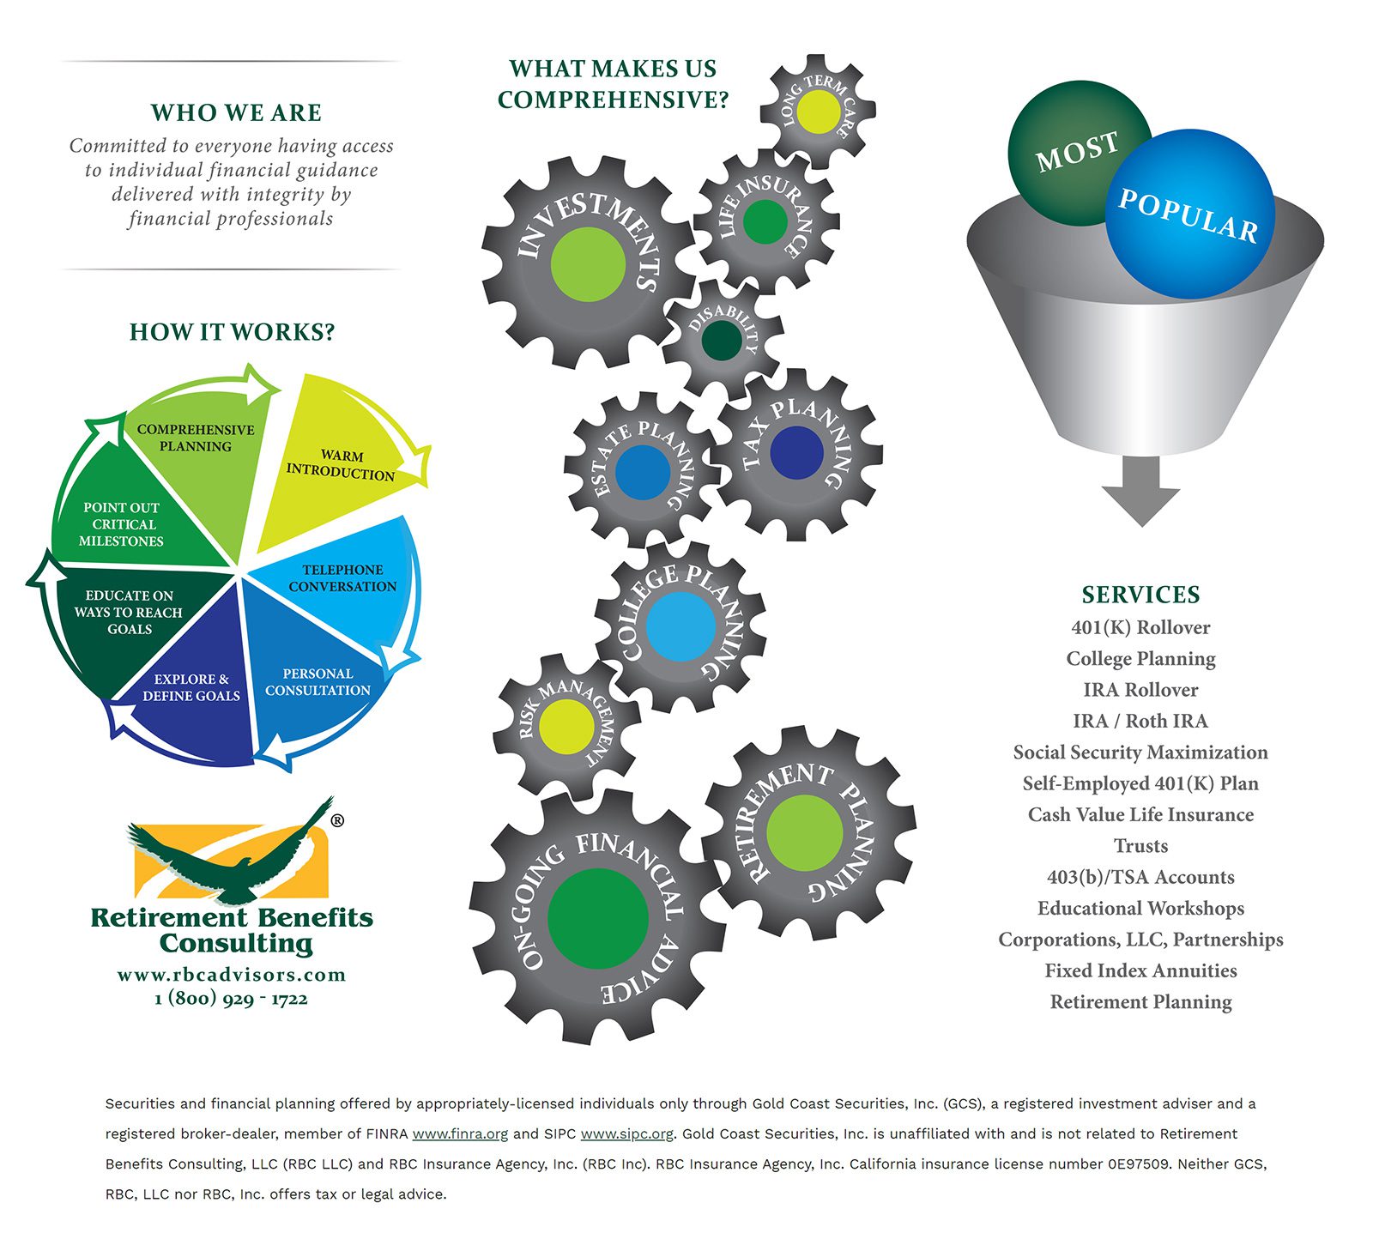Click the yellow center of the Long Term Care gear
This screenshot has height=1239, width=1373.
tap(818, 112)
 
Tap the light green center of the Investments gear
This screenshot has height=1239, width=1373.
tap(588, 264)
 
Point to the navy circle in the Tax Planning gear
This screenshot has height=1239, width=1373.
tap(796, 452)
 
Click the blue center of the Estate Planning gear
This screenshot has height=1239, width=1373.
tap(643, 472)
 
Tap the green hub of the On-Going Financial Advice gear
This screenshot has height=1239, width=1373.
tap(598, 919)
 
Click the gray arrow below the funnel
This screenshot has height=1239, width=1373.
tap(1140, 489)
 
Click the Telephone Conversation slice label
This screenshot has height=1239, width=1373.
tap(342, 578)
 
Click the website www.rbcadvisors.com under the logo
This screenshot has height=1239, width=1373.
tap(232, 975)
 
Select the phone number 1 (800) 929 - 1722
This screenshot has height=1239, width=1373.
tap(231, 998)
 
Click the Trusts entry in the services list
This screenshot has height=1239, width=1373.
tap(1140, 846)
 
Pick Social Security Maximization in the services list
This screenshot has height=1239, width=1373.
tap(1140, 752)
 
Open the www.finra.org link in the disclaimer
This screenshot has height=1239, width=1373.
tap(460, 1133)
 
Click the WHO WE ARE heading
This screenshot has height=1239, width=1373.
tap(236, 112)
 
